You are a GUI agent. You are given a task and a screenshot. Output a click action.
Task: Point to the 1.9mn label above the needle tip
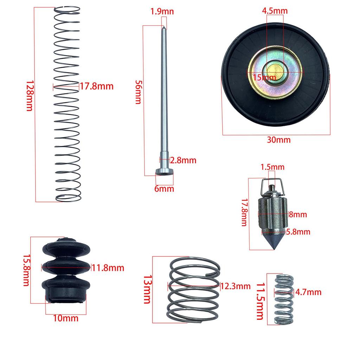click(x=162, y=12)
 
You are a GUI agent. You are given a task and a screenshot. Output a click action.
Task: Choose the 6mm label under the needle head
click(x=164, y=189)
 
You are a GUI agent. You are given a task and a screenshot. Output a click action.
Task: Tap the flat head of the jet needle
click(x=164, y=172)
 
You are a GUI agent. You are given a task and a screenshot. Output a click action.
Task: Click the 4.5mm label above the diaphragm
click(x=275, y=11)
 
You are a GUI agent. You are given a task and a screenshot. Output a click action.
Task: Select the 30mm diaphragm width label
click(x=278, y=140)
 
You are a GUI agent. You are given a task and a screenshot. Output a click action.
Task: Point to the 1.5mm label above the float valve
click(x=272, y=167)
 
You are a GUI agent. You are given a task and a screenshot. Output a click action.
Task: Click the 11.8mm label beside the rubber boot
click(x=108, y=268)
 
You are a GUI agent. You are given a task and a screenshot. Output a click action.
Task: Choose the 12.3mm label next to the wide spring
click(x=236, y=286)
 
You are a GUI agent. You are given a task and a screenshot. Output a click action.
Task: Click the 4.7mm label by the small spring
click(x=308, y=292)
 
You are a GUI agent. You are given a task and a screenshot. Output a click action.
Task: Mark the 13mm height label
click(x=146, y=289)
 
